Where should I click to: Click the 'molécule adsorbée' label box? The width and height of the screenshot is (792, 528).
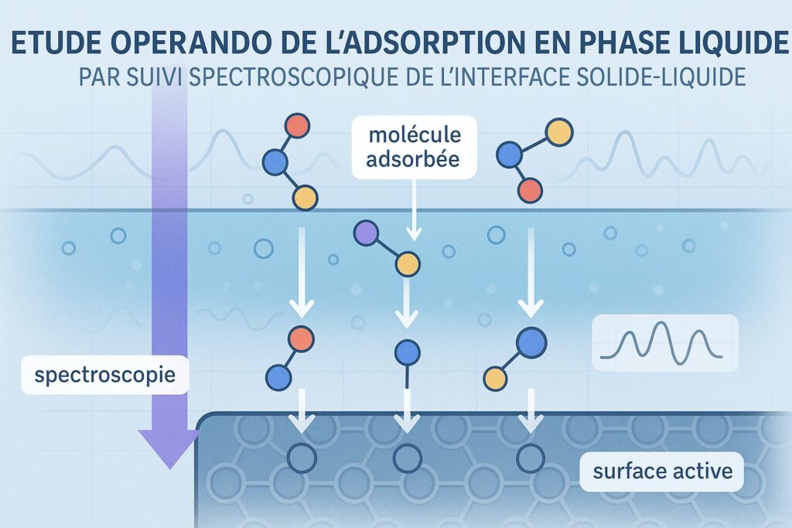coord(415,147)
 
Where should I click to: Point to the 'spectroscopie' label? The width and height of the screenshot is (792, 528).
coord(105,375)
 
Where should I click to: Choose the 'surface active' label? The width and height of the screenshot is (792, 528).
coord(662,472)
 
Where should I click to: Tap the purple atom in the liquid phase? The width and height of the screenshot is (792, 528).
coord(367,233)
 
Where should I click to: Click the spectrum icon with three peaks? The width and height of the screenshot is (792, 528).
coord(664,342)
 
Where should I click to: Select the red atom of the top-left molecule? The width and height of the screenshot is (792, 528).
coord(298,126)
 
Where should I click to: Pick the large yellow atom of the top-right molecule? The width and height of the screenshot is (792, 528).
coord(560,133)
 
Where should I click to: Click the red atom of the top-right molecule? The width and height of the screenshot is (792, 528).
coord(530,191)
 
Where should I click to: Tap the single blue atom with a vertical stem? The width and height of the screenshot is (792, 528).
coord(407,353)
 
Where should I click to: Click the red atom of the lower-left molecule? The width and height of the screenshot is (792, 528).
coord(302,339)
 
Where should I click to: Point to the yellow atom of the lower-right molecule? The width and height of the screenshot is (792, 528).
coord(495,378)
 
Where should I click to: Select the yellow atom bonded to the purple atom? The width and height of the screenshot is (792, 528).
coord(408,264)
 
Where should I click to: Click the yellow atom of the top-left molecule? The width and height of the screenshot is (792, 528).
coord(305,197)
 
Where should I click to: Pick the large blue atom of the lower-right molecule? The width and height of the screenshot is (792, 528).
coord(531,343)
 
